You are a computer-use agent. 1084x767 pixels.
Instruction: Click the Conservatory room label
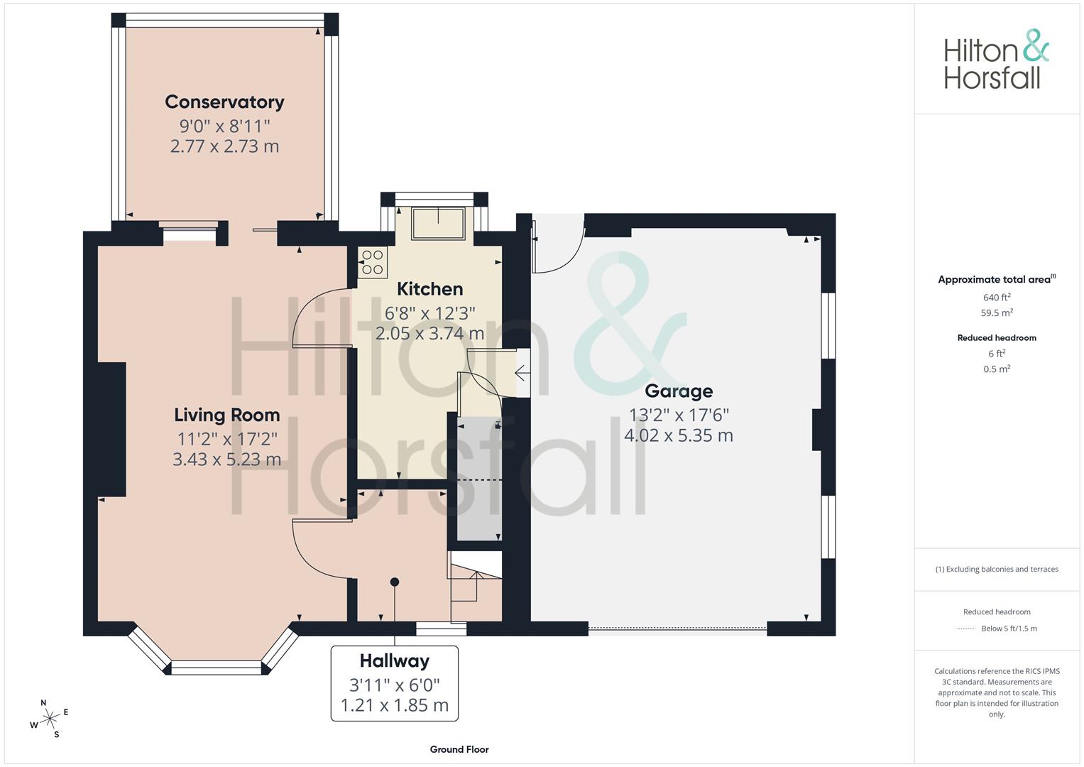pyautogui.click(x=224, y=102)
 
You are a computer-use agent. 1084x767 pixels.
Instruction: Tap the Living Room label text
pyautogui.click(x=227, y=415)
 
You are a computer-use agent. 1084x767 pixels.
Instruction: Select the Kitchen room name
pyautogui.click(x=429, y=289)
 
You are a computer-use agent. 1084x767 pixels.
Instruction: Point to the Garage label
pyautogui.click(x=679, y=391)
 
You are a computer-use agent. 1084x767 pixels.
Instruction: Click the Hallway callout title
pyautogui.click(x=395, y=661)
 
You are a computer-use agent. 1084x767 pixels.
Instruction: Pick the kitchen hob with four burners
pyautogui.click(x=373, y=263)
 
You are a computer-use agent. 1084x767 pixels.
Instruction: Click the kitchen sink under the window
pyautogui.click(x=438, y=223)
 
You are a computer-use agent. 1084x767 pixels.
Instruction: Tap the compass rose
pyautogui.click(x=49, y=719)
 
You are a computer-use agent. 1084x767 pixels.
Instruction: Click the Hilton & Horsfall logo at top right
pyautogui.click(x=997, y=60)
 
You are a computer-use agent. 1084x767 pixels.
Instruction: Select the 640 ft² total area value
pyautogui.click(x=997, y=298)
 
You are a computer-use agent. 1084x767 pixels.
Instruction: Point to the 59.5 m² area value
pyautogui.click(x=997, y=312)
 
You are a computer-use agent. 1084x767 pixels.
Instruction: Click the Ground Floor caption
pyautogui.click(x=459, y=749)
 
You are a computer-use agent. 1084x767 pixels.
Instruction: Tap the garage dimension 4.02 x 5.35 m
pyautogui.click(x=679, y=435)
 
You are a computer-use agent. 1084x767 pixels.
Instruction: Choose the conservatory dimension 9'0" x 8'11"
pyautogui.click(x=224, y=126)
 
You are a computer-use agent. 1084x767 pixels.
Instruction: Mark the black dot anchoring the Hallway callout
pyautogui.click(x=395, y=582)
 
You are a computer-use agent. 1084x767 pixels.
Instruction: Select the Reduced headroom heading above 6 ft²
pyautogui.click(x=997, y=338)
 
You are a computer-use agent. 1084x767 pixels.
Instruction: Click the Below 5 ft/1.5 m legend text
pyautogui.click(x=1009, y=629)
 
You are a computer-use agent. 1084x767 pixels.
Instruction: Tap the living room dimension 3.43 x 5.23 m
pyautogui.click(x=227, y=459)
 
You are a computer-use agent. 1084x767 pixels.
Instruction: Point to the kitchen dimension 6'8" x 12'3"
pyautogui.click(x=429, y=313)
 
